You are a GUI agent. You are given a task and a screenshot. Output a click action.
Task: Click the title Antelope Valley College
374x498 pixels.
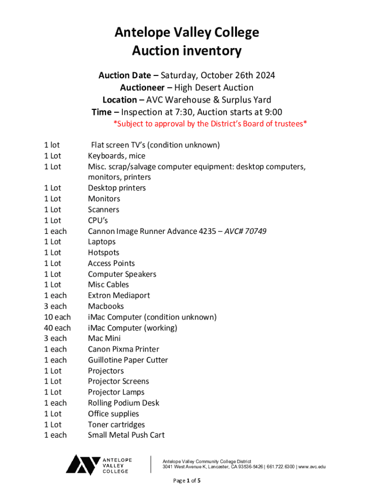pyautogui.click(x=187, y=33)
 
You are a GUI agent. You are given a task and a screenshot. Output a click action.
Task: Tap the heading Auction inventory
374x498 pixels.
pyautogui.click(x=187, y=51)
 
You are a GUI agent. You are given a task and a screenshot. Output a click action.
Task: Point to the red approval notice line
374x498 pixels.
pyautogui.click(x=210, y=124)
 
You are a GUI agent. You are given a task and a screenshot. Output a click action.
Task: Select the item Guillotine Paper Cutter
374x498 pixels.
pyautogui.click(x=128, y=360)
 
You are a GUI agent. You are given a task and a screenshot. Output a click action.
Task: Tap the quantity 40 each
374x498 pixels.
pyautogui.click(x=57, y=328)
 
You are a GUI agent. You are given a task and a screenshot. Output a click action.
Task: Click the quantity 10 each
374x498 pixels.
pyautogui.click(x=57, y=317)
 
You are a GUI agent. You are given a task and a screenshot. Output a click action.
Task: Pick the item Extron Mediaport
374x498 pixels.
pyautogui.click(x=119, y=295)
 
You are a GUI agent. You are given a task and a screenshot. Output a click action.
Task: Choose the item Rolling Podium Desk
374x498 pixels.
pyautogui.click(x=123, y=403)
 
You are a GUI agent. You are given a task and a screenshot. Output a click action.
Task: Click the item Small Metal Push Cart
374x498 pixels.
pyautogui.click(x=126, y=435)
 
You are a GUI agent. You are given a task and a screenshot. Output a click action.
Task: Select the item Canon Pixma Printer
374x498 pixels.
pyautogui.click(x=123, y=349)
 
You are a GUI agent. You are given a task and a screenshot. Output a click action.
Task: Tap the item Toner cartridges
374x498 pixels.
pyautogui.click(x=116, y=425)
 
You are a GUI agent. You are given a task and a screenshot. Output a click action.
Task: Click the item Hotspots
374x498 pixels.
pyautogui.click(x=103, y=252)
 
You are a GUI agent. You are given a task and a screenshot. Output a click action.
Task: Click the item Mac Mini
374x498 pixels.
pyautogui.click(x=104, y=338)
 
